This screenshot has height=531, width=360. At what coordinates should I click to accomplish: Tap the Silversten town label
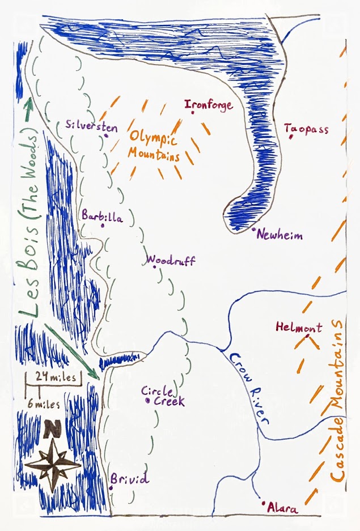pyautogui.click(x=91, y=126)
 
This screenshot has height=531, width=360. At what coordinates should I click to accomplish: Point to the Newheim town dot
pyautogui.click(x=254, y=230)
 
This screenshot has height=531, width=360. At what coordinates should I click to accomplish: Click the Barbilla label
pyautogui.click(x=102, y=216)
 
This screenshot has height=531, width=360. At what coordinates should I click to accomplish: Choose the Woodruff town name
pyautogui.click(x=171, y=261)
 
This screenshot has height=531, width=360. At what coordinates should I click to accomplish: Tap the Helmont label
pyautogui.click(x=299, y=327)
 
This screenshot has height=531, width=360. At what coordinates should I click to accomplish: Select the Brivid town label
pyautogui.click(x=130, y=479)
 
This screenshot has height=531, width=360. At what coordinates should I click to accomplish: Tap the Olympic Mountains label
pyautogui.click(x=154, y=146)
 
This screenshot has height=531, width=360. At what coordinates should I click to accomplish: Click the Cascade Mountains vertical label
pyautogui.click(x=338, y=400)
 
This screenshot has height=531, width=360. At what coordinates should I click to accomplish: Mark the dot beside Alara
pyautogui.click(x=263, y=502)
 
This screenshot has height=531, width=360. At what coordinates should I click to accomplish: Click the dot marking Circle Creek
pyautogui.click(x=147, y=401)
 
